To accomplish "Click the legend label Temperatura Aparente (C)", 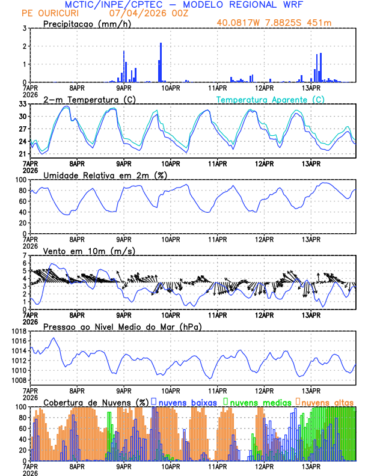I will [271, 99].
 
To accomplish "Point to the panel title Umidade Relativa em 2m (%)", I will [105, 175].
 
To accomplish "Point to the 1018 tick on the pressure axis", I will [18, 331].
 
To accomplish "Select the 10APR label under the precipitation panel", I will [171, 87].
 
